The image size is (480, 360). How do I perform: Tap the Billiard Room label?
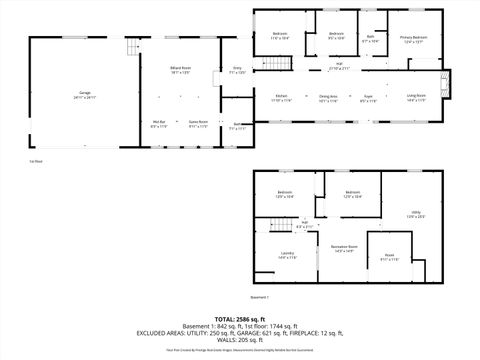point(181,70)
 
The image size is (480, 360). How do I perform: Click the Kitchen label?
point(281,98)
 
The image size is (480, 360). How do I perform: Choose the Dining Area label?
point(327,98)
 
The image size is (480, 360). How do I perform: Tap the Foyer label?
point(368,98)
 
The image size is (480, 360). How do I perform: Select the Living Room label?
point(415,98)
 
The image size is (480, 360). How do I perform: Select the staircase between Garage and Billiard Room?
point(130,49)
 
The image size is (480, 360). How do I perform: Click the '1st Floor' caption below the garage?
point(36,160)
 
